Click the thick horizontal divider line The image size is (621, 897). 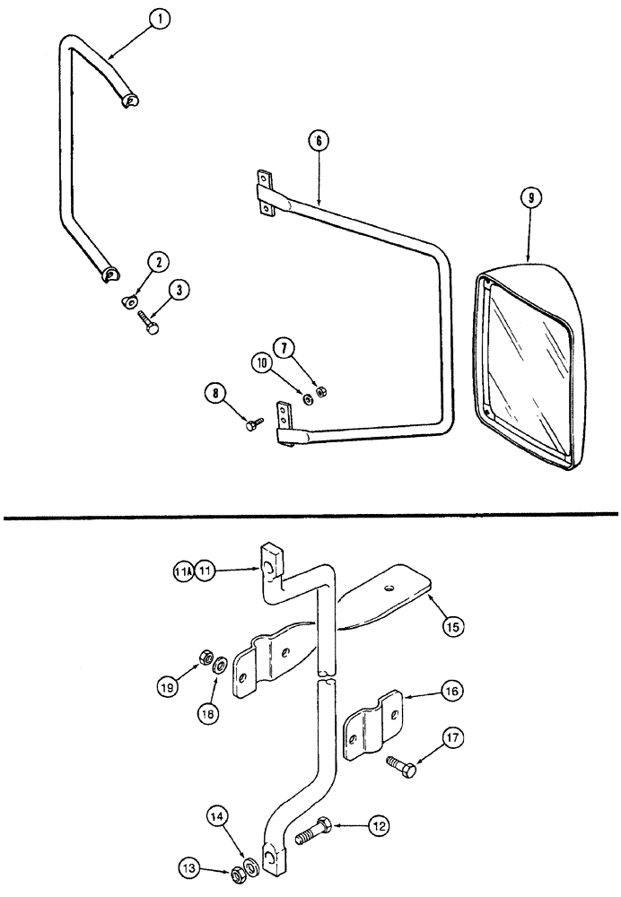tap(310, 514)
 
